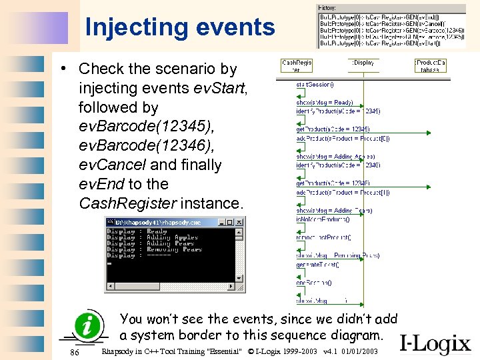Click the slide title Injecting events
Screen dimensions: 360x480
(x=180, y=27)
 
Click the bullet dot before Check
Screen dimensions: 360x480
(x=61, y=69)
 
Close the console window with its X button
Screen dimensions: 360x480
(x=239, y=222)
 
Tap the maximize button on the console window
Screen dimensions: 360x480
(x=230, y=222)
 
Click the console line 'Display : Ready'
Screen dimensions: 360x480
(x=137, y=231)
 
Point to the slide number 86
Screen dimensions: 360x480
(x=75, y=351)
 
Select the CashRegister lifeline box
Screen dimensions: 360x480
(x=297, y=65)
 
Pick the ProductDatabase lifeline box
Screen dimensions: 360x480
(x=431, y=65)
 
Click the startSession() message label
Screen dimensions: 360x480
(x=315, y=84)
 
